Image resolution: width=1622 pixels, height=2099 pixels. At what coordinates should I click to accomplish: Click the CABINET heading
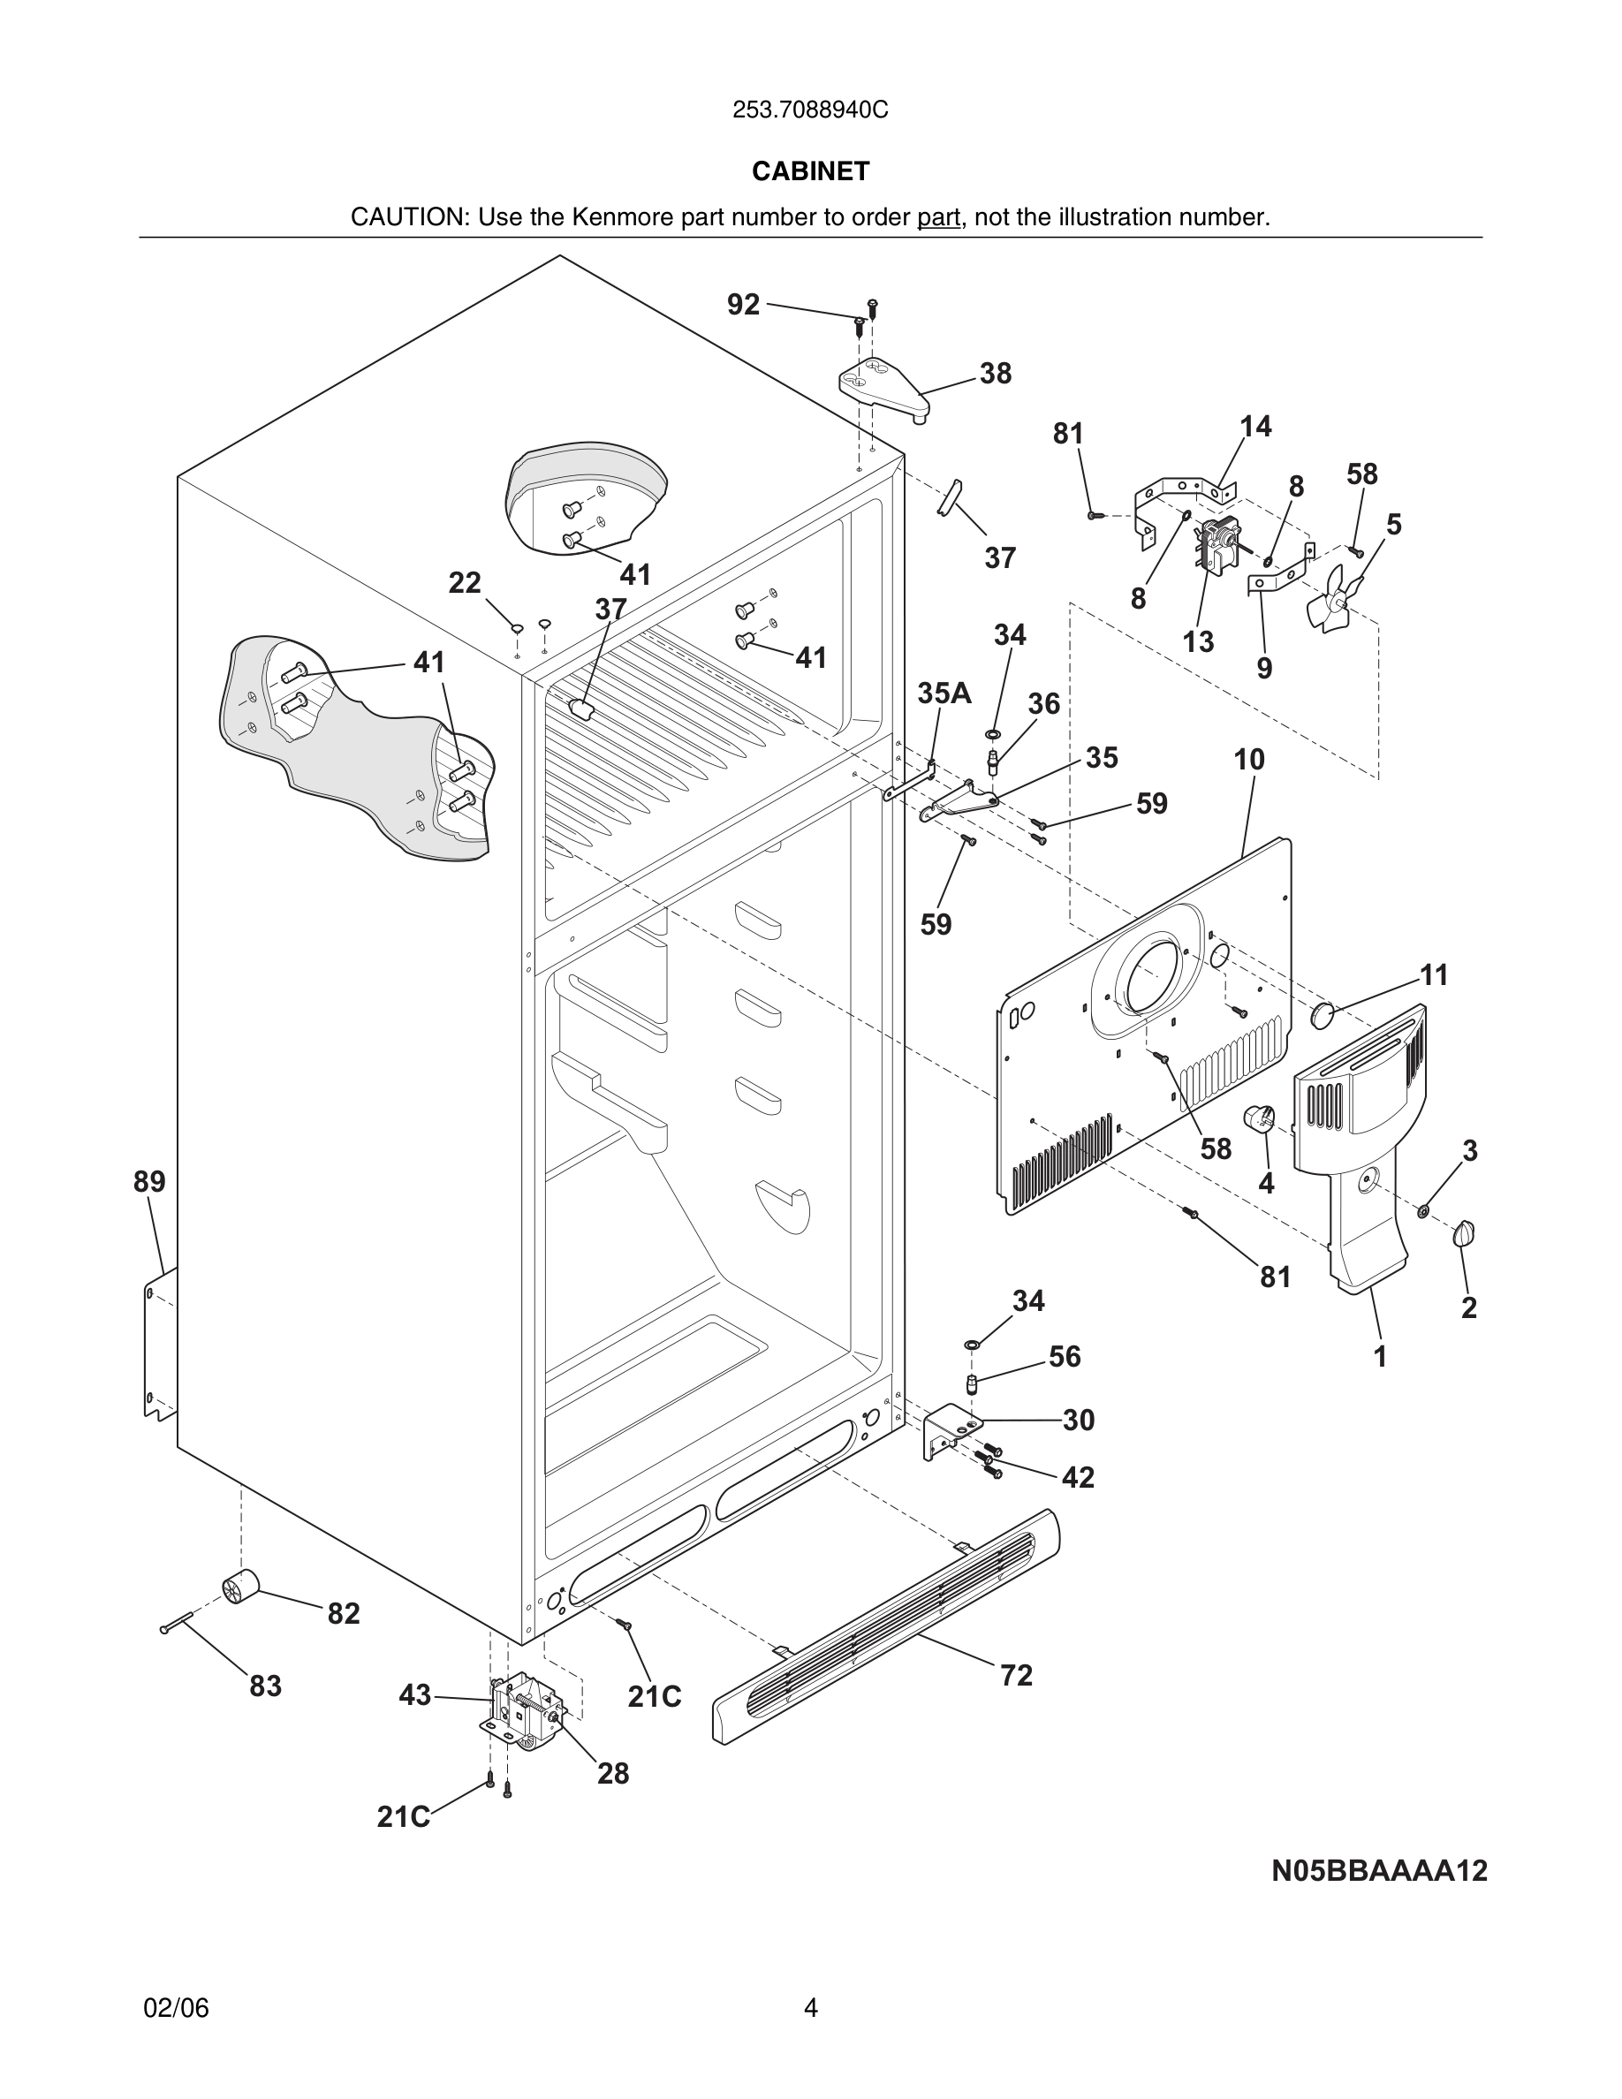click(810, 171)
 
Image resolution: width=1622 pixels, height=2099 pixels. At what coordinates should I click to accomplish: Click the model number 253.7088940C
click(810, 110)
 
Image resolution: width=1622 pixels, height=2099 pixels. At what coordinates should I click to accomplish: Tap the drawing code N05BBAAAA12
click(1379, 1870)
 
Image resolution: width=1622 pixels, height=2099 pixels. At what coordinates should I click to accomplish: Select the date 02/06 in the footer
click(176, 2008)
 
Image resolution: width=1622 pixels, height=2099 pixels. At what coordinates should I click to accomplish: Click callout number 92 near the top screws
click(743, 305)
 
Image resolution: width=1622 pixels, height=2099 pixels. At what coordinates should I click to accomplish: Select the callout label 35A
click(944, 693)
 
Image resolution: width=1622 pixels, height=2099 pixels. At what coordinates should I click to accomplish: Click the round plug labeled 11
click(1324, 1013)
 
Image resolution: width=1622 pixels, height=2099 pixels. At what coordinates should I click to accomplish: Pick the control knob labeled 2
click(1466, 1233)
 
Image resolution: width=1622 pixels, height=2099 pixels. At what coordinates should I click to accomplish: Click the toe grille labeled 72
click(884, 1625)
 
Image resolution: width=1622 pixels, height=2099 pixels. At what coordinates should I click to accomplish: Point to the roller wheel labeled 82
click(240, 1587)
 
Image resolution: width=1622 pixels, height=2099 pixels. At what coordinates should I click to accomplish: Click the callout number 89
click(149, 1182)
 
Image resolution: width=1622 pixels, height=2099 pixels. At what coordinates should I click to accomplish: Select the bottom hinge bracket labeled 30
click(946, 1429)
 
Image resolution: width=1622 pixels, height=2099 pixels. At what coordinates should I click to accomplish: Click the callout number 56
click(1064, 1357)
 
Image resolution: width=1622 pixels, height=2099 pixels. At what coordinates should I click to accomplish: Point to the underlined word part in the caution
click(938, 217)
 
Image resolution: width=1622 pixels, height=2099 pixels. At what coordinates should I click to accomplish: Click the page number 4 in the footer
click(810, 2008)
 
